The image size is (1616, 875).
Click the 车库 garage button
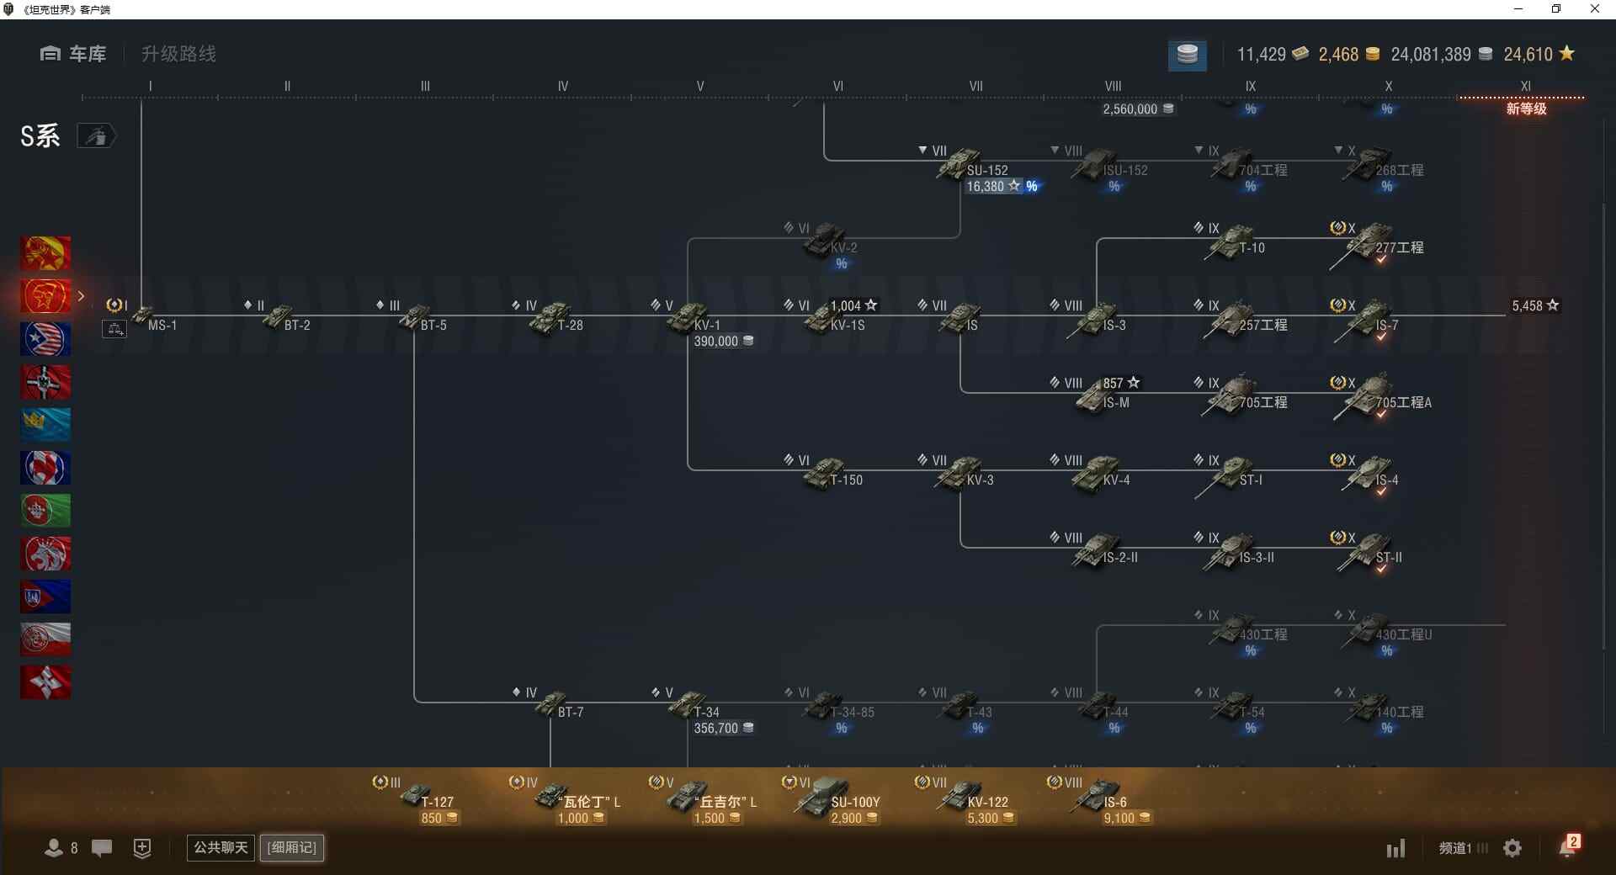[73, 54]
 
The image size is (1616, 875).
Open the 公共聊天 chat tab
[221, 847]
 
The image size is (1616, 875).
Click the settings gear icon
[1512, 848]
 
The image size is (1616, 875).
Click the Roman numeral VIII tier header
[1113, 86]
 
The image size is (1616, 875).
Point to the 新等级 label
[1526, 109]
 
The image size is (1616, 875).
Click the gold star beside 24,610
[1566, 53]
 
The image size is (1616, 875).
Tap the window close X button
[1594, 9]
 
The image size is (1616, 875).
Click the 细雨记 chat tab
[292, 847]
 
